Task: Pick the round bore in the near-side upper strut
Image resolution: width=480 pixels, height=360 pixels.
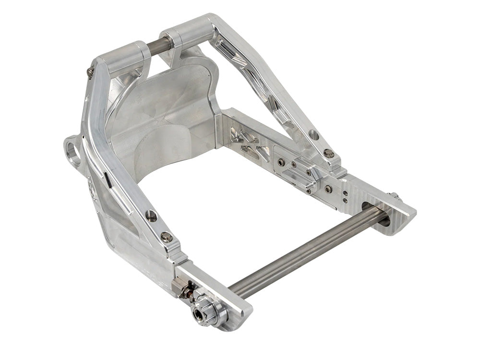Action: pos(151,216)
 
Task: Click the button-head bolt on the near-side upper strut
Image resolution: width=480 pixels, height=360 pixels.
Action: pos(166,236)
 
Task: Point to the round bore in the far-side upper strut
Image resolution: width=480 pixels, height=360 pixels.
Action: pos(313,135)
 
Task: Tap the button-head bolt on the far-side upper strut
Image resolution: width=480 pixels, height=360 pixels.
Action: pos(328,154)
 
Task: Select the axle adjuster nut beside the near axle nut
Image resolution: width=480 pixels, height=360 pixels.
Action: pos(184,290)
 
